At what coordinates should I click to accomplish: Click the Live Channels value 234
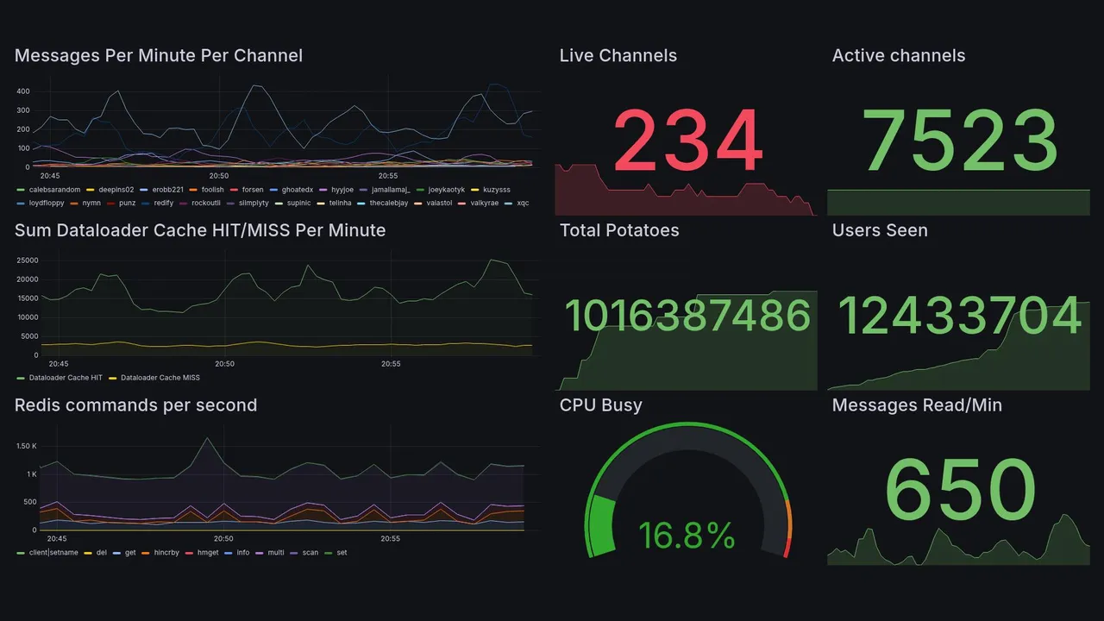coord(687,142)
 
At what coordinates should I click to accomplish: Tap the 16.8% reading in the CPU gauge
coord(687,536)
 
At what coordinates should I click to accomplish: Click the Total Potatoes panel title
coord(618,230)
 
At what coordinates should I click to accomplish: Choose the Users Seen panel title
coord(880,230)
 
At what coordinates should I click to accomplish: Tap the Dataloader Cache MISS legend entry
coord(160,378)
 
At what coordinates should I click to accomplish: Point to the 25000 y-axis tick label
coord(28,260)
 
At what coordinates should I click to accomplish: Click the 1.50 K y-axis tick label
coord(28,446)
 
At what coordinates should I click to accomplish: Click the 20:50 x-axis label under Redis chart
coord(223,538)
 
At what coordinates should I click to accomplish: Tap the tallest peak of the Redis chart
coord(207,438)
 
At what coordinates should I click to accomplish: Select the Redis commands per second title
coord(135,405)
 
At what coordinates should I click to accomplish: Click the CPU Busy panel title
coord(600,405)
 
